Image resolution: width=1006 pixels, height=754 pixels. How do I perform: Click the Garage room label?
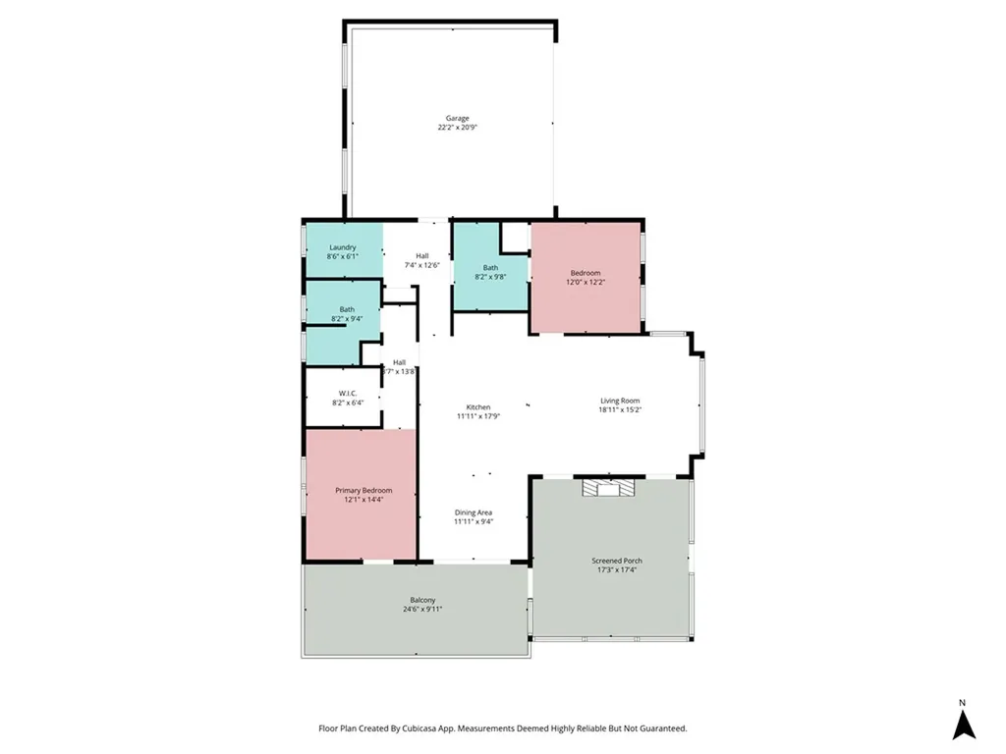458,119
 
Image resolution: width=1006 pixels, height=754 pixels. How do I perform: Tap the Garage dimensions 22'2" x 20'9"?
458,128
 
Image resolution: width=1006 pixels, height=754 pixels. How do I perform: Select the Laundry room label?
342,247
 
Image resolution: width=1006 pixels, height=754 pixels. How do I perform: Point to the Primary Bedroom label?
363,491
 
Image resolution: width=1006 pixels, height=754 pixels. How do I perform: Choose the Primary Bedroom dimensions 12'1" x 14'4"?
363,500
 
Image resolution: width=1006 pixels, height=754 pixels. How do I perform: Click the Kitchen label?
478,407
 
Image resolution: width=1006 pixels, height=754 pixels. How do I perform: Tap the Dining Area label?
474,512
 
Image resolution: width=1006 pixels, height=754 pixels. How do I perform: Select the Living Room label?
621,401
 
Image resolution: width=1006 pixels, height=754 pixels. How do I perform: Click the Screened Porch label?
619,561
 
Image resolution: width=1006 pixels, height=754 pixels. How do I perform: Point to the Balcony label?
422,600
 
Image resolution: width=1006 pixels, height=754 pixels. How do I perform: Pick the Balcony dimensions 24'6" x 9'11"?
422,609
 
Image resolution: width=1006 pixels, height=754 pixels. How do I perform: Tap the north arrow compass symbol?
964,725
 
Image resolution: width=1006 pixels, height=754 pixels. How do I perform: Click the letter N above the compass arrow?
963,703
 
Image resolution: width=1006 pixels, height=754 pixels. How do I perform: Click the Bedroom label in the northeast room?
586,273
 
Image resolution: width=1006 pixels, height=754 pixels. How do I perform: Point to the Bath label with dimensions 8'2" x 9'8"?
490,268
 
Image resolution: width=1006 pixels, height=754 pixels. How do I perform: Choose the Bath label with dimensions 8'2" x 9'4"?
347,310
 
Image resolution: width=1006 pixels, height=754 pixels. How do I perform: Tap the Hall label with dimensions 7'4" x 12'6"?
422,256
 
